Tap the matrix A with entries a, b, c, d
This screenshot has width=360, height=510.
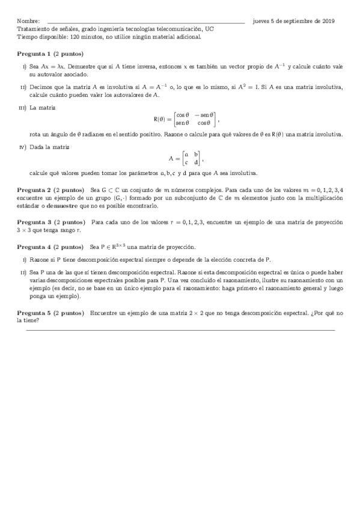tap(186, 159)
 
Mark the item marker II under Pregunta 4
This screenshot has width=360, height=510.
tap(23, 272)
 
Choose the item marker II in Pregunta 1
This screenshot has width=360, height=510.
tap(23, 87)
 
